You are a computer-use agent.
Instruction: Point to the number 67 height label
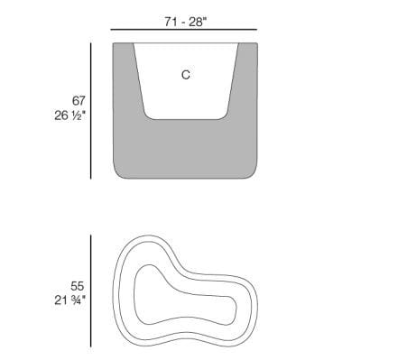tap(79, 100)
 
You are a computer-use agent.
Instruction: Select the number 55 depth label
tap(78, 286)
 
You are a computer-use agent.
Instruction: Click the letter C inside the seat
tap(186, 75)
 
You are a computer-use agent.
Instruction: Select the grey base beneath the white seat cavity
tap(186, 149)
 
